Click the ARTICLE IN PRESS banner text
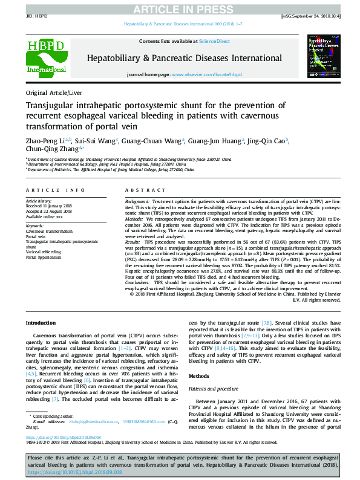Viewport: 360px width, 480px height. point(180,8)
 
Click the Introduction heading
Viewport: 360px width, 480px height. point(41,323)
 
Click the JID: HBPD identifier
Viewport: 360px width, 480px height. point(38,16)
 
